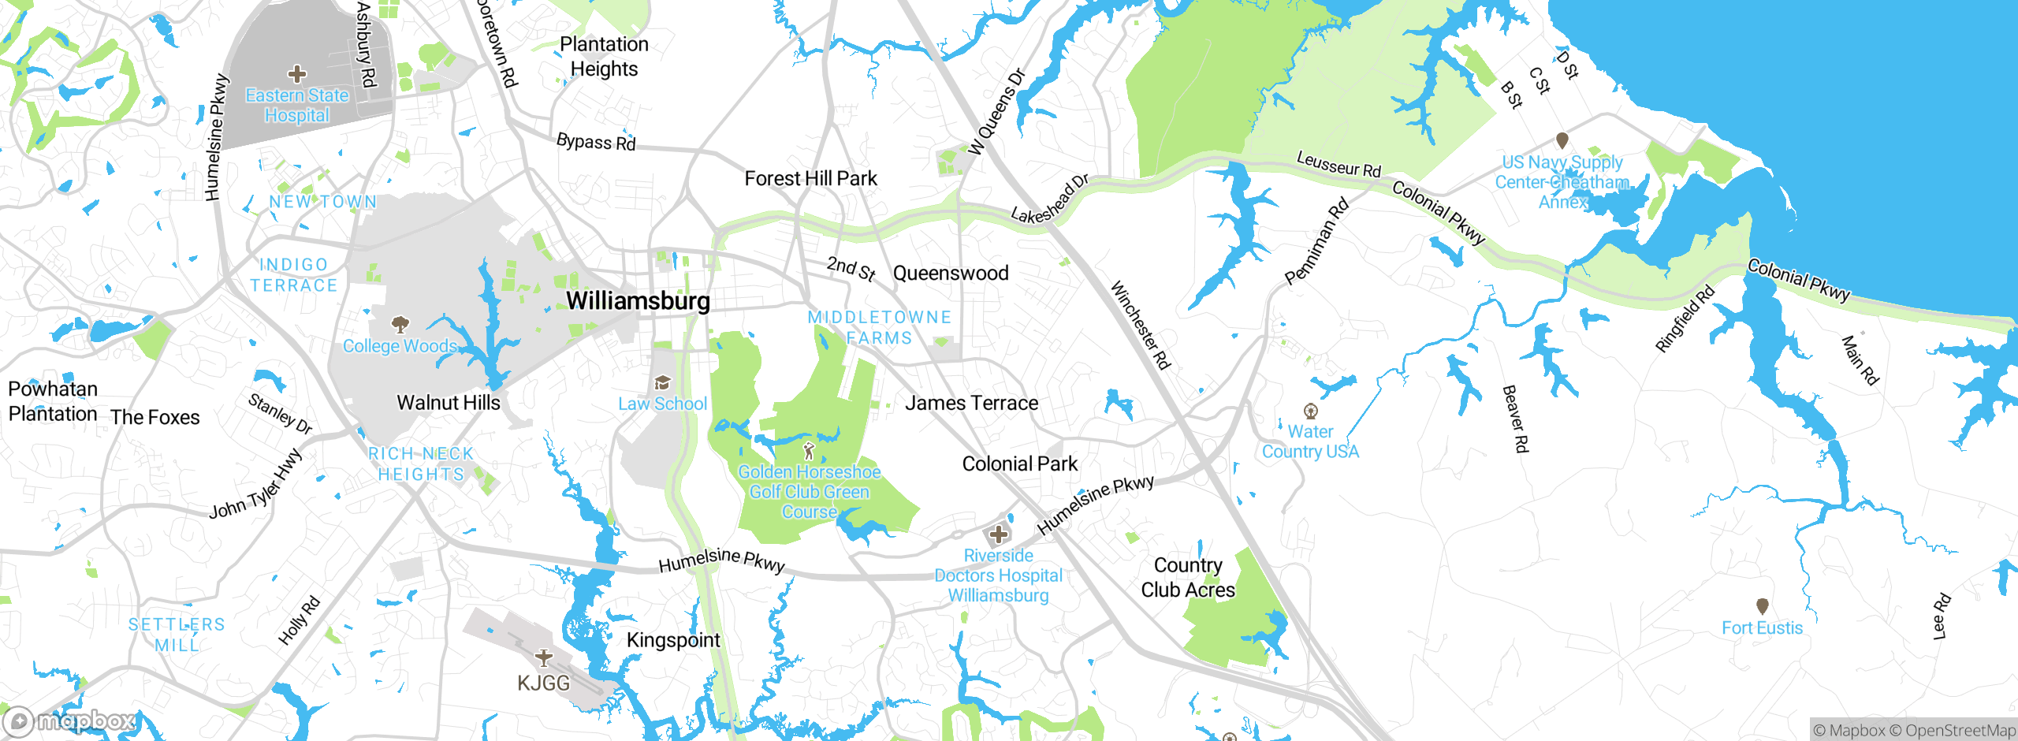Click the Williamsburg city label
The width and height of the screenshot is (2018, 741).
(638, 301)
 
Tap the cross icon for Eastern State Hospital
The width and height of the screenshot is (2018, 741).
(297, 74)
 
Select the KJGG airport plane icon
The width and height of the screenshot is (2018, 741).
(543, 657)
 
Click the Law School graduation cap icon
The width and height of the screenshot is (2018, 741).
(662, 383)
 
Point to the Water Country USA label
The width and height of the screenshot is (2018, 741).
(1310, 441)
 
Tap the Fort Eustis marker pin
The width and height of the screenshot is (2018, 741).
(1763, 606)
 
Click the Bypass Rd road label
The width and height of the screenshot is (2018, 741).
(596, 142)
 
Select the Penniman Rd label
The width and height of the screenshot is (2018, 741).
(1316, 242)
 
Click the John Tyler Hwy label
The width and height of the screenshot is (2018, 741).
(255, 485)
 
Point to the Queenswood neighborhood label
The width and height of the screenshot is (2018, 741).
(951, 274)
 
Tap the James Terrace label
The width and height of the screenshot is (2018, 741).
(971, 404)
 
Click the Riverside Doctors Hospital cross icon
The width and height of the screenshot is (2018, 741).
(999, 534)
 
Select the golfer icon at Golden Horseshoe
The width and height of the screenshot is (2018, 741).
(809, 452)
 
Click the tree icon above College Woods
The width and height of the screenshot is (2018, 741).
(400, 324)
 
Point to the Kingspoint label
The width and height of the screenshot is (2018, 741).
(673, 640)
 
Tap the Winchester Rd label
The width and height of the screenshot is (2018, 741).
(1141, 325)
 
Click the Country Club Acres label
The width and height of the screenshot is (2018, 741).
(1188, 578)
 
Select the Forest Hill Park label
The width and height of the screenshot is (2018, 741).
(810, 179)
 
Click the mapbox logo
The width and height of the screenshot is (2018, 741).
(69, 721)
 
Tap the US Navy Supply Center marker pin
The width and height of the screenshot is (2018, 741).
(1562, 140)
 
